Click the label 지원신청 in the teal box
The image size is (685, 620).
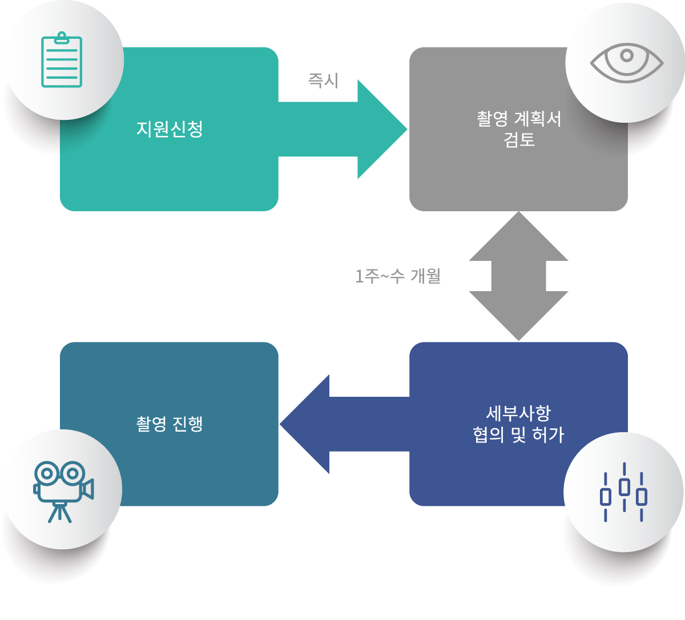170,129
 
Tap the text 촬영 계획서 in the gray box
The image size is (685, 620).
518,119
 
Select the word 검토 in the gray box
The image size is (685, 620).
518,140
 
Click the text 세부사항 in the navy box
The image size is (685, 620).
518,413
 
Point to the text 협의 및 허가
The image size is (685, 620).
518,435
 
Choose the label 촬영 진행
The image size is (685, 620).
170,424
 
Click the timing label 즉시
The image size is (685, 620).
323,80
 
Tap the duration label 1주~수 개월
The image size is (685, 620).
398,277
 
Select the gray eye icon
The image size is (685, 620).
626,62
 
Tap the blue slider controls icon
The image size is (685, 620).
624,492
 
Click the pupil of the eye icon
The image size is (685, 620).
627,56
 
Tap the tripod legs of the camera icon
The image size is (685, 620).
60,513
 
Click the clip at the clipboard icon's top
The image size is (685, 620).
62,37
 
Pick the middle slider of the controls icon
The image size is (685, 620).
624,487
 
